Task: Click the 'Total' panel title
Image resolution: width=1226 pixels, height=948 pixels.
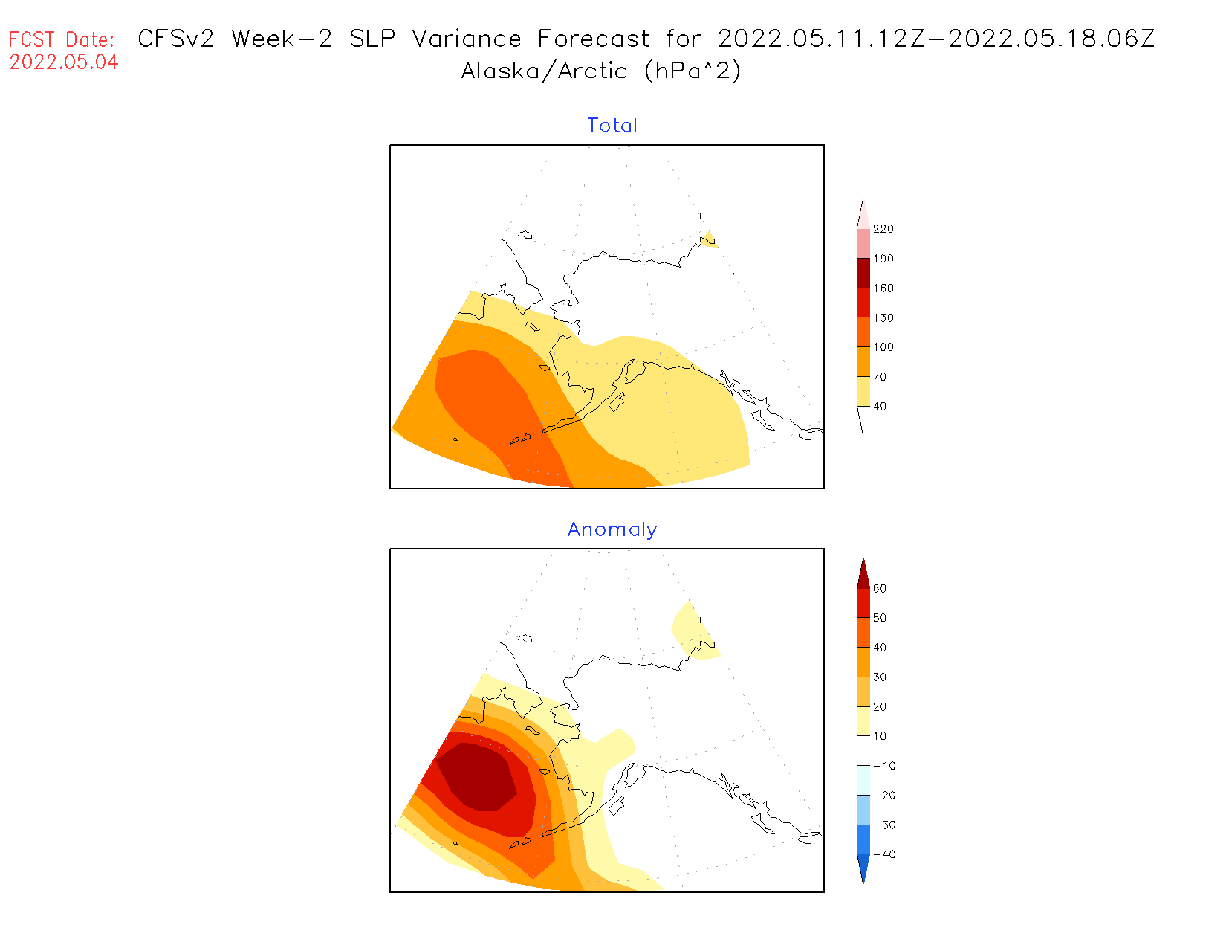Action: [x=612, y=126]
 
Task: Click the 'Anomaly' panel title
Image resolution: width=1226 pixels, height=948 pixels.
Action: [x=612, y=529]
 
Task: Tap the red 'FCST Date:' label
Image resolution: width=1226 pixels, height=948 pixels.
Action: [x=62, y=39]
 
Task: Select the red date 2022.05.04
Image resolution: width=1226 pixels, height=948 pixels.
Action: [x=64, y=62]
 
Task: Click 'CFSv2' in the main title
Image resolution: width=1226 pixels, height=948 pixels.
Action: [x=176, y=39]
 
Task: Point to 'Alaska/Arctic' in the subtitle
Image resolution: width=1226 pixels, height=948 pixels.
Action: [x=544, y=71]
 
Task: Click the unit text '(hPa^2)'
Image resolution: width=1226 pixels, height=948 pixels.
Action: [x=693, y=71]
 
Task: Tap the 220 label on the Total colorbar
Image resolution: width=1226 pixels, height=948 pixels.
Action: [x=883, y=229]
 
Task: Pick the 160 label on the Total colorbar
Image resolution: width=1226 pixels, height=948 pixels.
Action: [x=883, y=288]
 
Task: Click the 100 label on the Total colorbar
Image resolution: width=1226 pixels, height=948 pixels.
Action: [x=883, y=347]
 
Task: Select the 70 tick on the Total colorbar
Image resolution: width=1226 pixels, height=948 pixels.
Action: [x=880, y=377]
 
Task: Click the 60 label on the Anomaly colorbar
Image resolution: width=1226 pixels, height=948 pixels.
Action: [x=880, y=588]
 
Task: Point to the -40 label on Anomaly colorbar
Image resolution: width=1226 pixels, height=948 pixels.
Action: [x=883, y=854]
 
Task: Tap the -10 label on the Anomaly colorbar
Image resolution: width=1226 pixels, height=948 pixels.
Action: [x=883, y=766]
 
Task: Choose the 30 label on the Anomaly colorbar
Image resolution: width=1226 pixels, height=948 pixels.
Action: [x=880, y=677]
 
